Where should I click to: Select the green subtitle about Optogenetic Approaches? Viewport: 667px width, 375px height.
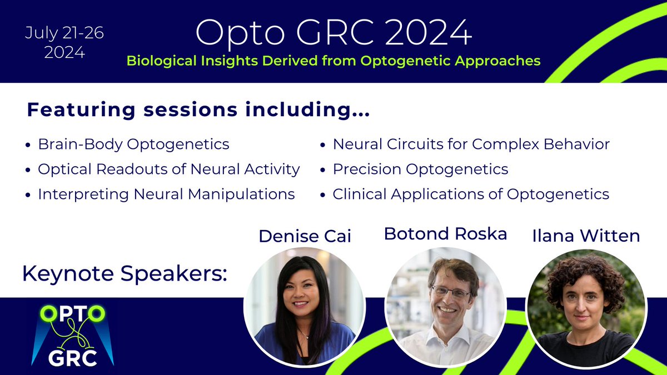click(333, 61)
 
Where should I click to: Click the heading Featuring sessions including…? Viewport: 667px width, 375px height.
click(198, 110)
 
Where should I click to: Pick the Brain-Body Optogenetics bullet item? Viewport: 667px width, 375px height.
click(133, 144)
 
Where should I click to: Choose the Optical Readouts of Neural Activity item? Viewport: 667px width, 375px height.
click(168, 169)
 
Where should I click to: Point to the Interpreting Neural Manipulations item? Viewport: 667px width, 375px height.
click(166, 194)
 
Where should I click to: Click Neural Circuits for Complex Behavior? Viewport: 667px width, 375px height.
click(471, 144)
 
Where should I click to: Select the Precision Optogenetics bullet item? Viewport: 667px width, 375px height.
click(420, 169)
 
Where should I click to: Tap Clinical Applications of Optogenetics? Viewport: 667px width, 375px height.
click(470, 194)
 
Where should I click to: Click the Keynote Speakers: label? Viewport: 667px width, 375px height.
click(125, 273)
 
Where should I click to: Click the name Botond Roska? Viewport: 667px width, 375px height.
click(445, 234)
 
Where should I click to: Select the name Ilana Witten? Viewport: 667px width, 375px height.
click(586, 236)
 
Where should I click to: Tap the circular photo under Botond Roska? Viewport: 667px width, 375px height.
click(446, 307)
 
